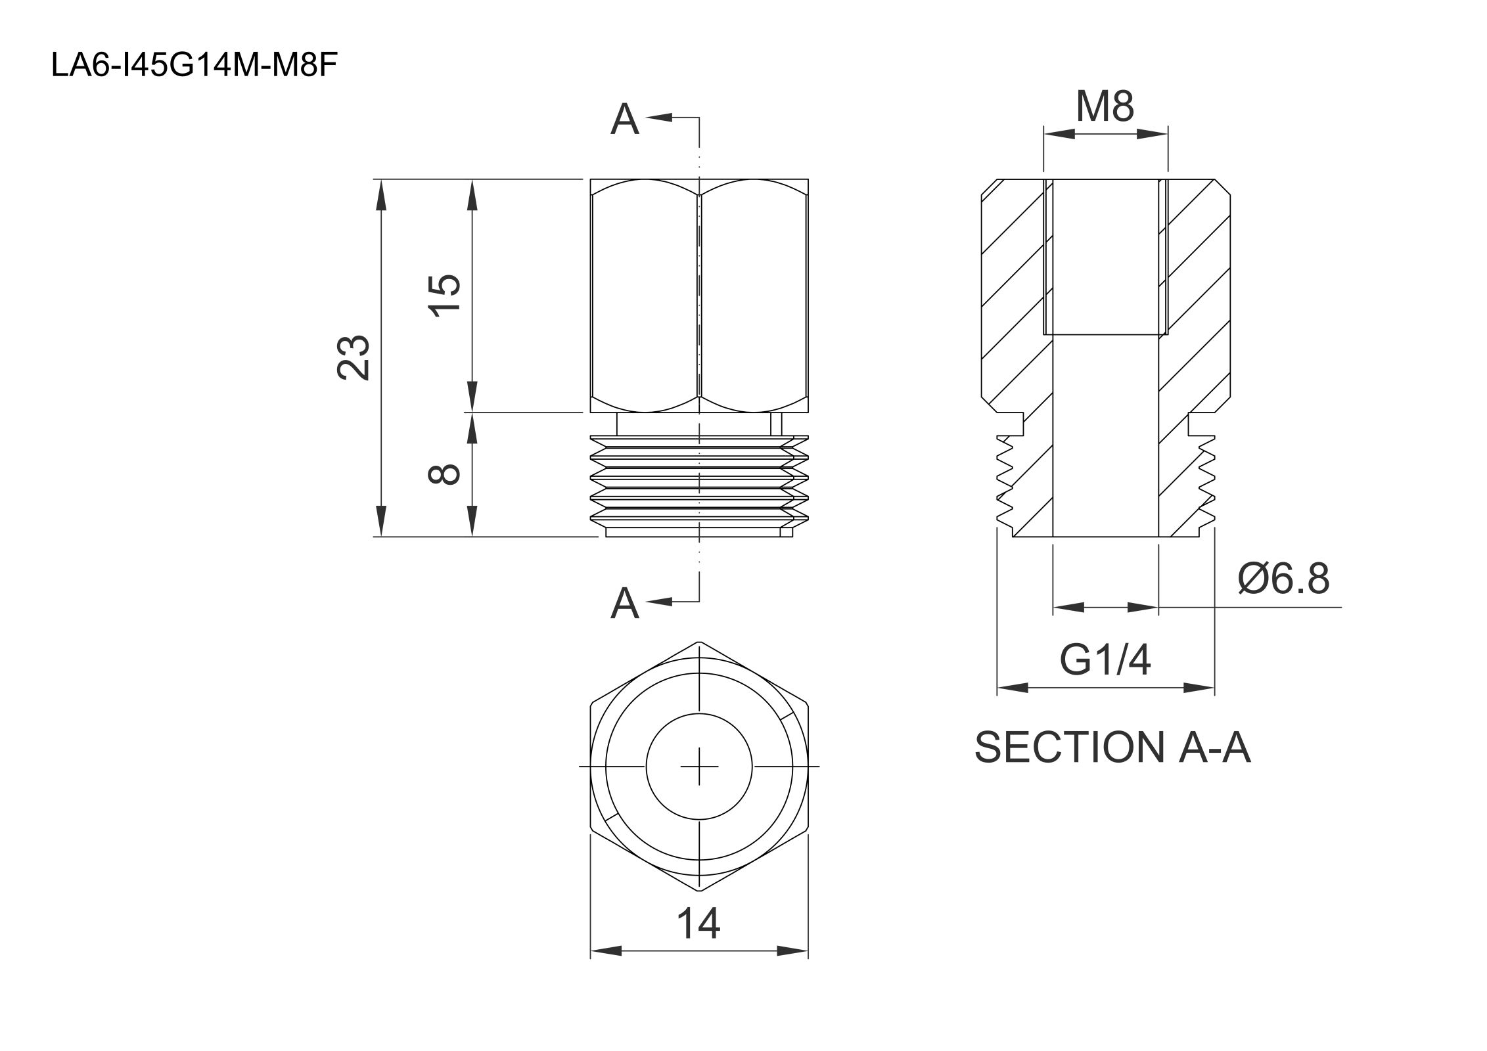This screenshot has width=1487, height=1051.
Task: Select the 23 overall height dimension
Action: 354,357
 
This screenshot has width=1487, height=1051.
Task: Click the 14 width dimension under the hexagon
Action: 698,924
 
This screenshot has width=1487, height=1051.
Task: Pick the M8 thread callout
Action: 1105,106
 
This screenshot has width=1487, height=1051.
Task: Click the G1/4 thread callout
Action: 1105,661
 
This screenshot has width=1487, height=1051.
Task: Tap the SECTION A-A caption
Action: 1112,748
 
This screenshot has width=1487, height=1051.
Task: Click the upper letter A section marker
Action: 624,120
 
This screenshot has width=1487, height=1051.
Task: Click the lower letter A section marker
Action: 624,604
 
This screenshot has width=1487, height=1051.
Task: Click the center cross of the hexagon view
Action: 699,766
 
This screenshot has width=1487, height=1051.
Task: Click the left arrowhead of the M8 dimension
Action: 1058,134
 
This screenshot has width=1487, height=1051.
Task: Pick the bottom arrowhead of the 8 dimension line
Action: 472,522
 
